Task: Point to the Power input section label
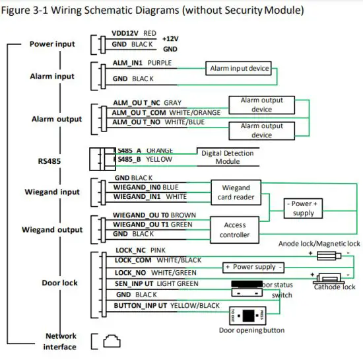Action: click(x=53, y=44)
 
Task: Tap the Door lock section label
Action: click(x=59, y=283)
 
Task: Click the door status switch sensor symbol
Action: click(x=246, y=286)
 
